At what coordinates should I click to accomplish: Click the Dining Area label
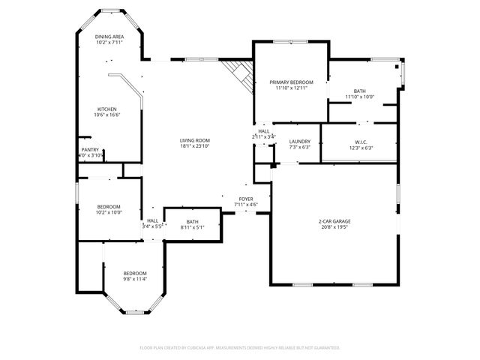click(109, 36)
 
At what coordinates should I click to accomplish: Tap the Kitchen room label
click(106, 109)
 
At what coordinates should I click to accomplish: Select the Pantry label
click(89, 149)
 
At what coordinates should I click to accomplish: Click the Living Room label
click(194, 140)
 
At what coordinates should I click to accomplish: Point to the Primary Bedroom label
click(291, 82)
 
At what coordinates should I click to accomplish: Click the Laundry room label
click(299, 141)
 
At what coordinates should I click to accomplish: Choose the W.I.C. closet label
click(359, 142)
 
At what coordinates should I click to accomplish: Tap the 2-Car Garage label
click(334, 221)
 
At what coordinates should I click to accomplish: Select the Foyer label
click(245, 199)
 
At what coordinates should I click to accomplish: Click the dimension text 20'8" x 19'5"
click(334, 227)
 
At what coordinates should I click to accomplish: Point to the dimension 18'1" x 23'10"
click(194, 146)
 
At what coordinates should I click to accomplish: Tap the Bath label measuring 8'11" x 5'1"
click(193, 221)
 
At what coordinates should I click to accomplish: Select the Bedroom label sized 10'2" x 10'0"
click(109, 206)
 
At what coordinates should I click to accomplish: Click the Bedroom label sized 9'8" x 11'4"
click(135, 273)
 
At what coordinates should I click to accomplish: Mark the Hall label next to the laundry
click(263, 130)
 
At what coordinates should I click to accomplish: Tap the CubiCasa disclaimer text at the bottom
click(240, 347)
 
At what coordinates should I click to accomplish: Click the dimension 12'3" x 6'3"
click(359, 148)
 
